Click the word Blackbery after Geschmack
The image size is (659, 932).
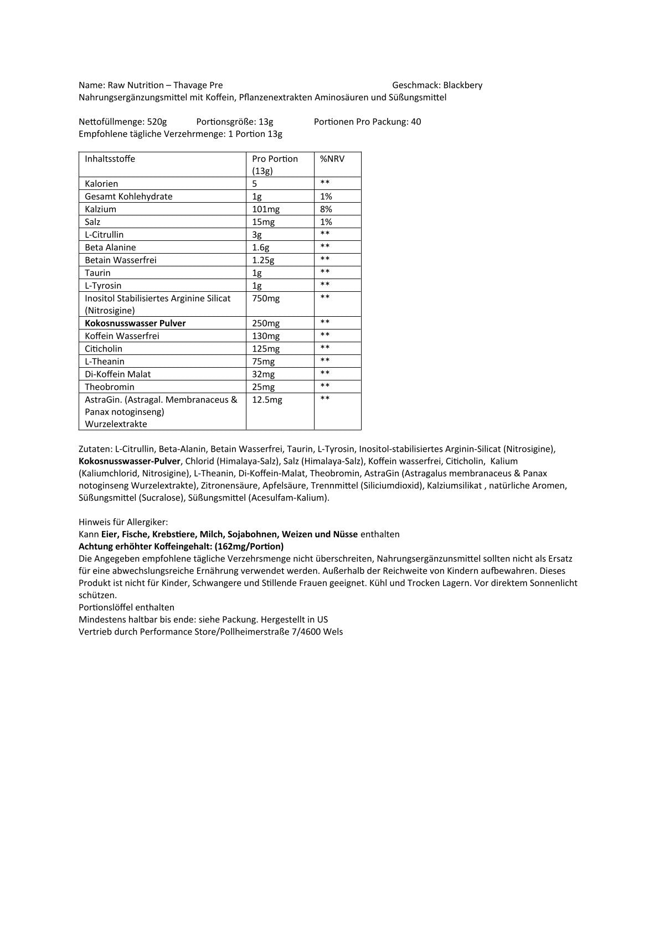pyautogui.click(x=462, y=85)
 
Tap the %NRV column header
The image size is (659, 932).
pyautogui.click(x=332, y=159)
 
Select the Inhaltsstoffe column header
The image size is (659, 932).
pyautogui.click(x=110, y=159)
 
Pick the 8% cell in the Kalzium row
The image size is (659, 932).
pyautogui.click(x=326, y=209)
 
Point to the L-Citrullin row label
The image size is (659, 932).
pyautogui.click(x=104, y=235)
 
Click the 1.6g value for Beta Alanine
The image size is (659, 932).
pyautogui.click(x=261, y=248)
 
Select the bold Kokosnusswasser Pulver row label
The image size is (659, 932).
pyautogui.click(x=135, y=323)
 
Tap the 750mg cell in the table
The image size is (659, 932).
pyautogui.click(x=266, y=298)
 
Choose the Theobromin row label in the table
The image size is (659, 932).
pyautogui.click(x=110, y=387)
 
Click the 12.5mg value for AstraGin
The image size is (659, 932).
pyautogui.click(x=267, y=400)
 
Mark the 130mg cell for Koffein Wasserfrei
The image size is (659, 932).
pyautogui.click(x=266, y=336)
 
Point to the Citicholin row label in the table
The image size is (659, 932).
pyautogui.click(x=104, y=349)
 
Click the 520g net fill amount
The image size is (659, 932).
pyautogui.click(x=157, y=122)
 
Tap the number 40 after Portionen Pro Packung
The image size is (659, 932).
pyautogui.click(x=416, y=122)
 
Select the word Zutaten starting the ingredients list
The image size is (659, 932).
pyautogui.click(x=95, y=449)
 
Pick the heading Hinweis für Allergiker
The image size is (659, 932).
pyautogui.click(x=123, y=522)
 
